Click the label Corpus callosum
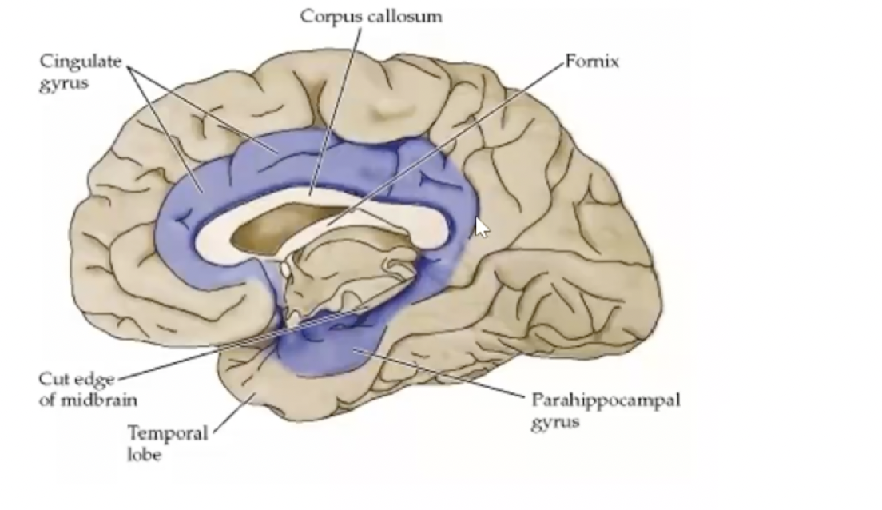371,16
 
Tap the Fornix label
591,62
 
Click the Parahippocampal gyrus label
606,409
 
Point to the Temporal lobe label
168,444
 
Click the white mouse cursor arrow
482,227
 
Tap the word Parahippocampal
606,400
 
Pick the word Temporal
168,434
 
